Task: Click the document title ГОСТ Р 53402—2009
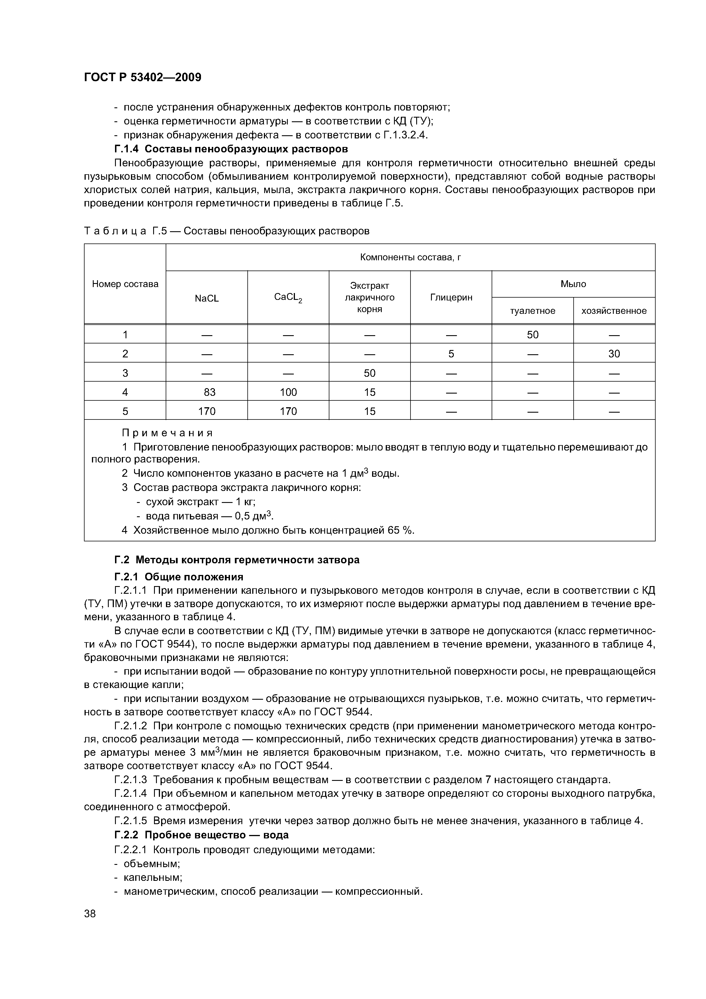[x=142, y=77]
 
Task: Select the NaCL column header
[x=207, y=298]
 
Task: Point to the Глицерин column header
[x=451, y=298]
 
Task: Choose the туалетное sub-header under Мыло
[x=532, y=311]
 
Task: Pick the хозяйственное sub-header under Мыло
[x=614, y=311]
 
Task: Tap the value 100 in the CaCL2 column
[x=288, y=392]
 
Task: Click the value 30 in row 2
[x=614, y=354]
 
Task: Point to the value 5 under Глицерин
[x=451, y=354]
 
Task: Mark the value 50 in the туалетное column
[x=532, y=335]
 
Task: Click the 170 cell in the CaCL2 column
[x=288, y=411]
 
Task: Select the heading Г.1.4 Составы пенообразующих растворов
[x=231, y=149]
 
